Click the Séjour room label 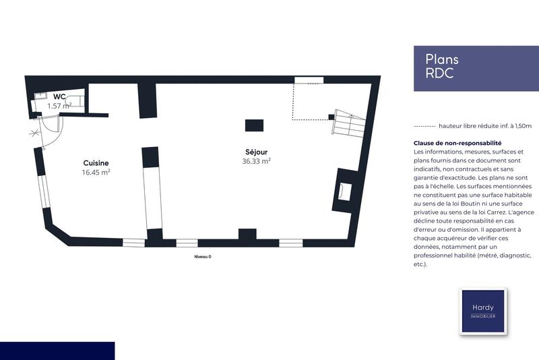click(x=257, y=152)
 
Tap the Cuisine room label click(x=96, y=163)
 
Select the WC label click(x=59, y=97)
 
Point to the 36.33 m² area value click(x=257, y=162)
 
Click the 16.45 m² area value click(x=96, y=173)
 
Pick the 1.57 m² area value click(x=59, y=107)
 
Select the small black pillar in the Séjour click(x=254, y=125)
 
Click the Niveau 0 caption click(x=203, y=257)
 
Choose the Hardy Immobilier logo click(x=482, y=311)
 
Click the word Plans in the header click(x=442, y=60)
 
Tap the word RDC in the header click(x=439, y=73)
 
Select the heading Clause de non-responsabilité click(x=458, y=143)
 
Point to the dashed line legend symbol click(x=423, y=126)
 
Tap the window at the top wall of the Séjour click(x=309, y=80)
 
